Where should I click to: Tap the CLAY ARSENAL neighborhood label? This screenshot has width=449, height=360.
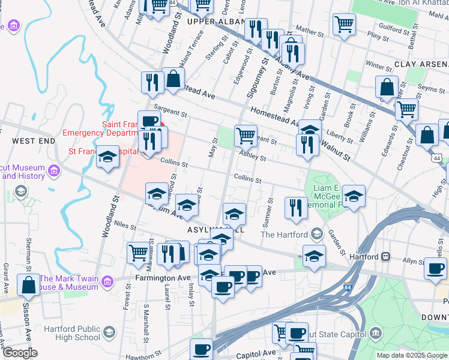coord(421,64)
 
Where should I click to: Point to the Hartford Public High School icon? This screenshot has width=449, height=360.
coord(109,332)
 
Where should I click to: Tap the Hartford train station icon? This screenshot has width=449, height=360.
coord(386,256)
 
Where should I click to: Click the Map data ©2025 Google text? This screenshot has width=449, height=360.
coord(412,355)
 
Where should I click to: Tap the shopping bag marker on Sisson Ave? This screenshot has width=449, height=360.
coord(28,286)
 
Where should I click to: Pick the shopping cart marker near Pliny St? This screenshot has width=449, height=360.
coord(344,25)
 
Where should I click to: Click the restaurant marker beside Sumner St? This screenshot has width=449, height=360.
coord(295,208)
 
